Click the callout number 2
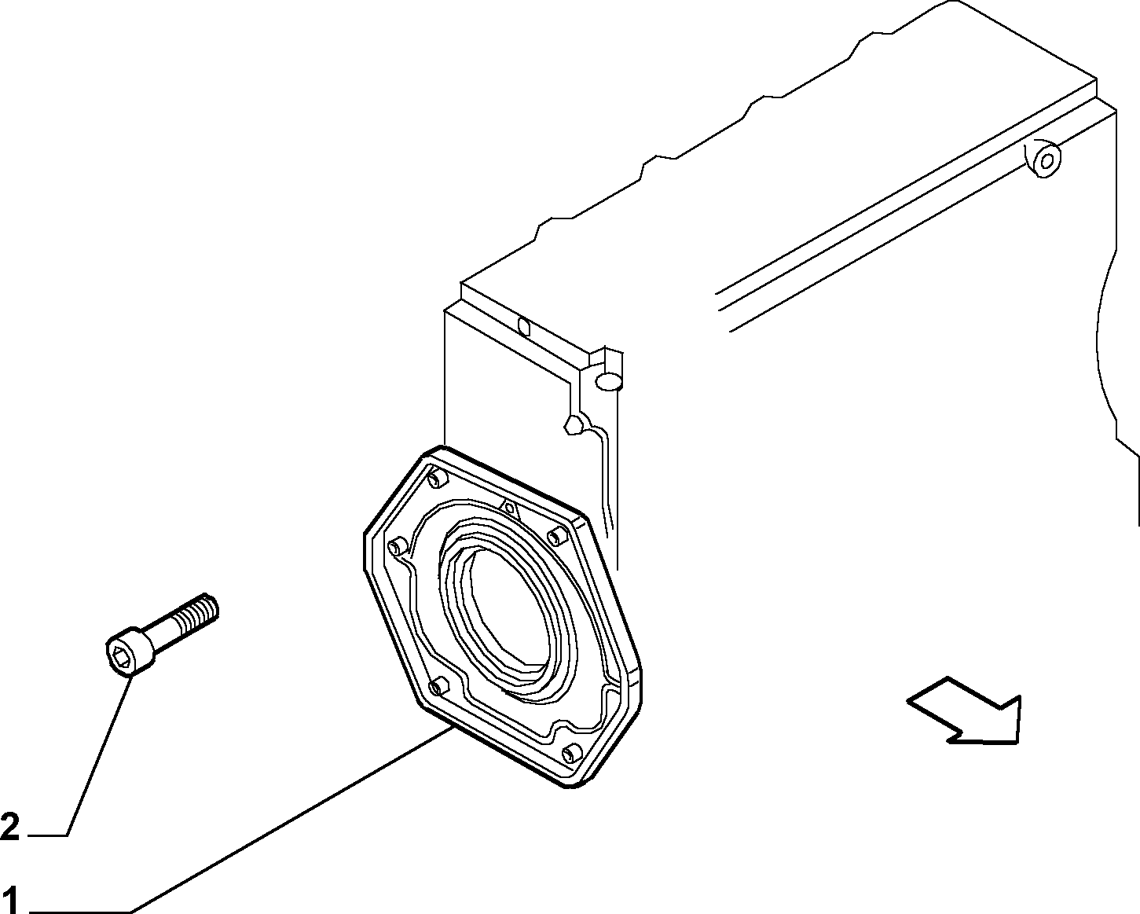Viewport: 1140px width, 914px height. tap(10, 827)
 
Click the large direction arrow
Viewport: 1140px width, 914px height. tap(963, 710)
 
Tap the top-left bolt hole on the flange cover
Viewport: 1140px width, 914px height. tap(438, 479)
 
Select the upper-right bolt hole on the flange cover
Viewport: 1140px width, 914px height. tap(556, 538)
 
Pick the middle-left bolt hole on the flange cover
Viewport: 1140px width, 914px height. tap(395, 546)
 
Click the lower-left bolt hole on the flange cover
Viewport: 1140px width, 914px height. tap(438, 688)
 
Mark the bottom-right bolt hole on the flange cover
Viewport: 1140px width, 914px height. tap(570, 753)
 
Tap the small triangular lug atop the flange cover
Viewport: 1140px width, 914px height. tap(509, 508)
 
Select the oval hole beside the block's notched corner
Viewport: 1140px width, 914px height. tap(608, 381)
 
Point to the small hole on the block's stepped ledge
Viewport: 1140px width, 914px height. tap(523, 328)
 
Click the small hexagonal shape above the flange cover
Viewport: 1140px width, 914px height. tap(574, 424)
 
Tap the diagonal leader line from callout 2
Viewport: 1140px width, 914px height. tap(100, 755)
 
